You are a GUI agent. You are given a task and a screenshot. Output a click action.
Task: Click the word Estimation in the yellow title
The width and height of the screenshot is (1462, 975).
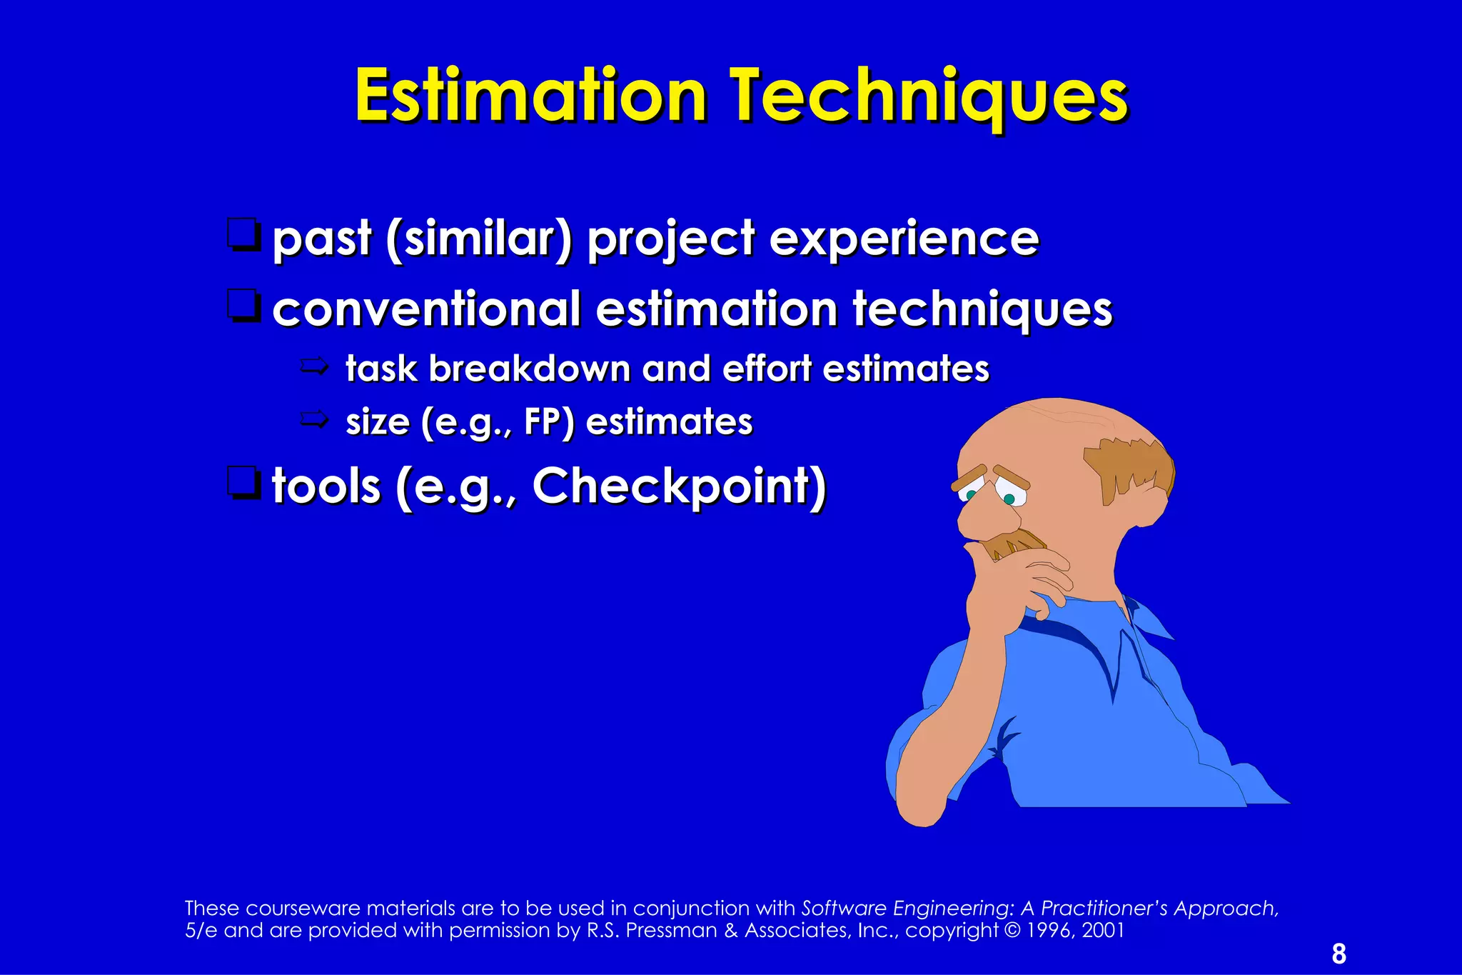tap(530, 96)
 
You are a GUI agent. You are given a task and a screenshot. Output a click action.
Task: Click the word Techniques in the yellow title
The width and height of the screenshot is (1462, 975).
tap(928, 96)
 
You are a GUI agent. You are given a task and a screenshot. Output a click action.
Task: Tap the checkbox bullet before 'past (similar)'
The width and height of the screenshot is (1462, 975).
tap(243, 236)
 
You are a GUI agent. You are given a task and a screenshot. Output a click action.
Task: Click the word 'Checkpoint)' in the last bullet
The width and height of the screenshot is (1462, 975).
tap(679, 486)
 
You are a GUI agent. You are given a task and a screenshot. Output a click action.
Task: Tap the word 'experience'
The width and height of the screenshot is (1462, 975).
tap(904, 239)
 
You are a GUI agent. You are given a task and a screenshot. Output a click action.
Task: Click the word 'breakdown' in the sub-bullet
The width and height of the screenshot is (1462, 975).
tap(529, 369)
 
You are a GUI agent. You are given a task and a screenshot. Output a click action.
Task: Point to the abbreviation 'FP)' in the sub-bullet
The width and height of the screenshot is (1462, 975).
tap(548, 421)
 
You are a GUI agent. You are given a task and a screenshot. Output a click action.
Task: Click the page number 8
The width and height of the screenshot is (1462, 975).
tap(1339, 954)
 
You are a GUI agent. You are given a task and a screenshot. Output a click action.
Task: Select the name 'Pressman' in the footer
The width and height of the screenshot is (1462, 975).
tap(671, 930)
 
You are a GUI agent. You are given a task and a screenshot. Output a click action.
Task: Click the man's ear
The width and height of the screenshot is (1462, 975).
tap(1149, 500)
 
